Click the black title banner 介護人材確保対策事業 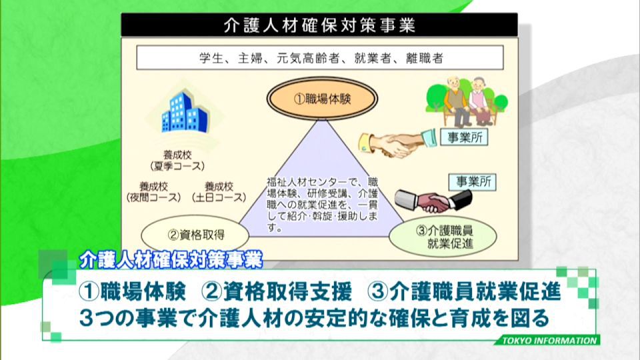click(319, 25)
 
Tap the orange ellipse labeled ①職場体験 click(322, 99)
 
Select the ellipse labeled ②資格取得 click(195, 235)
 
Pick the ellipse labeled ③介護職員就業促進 click(443, 237)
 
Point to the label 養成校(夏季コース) click(177, 161)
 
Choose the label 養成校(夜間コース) click(153, 192)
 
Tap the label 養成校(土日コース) click(219, 192)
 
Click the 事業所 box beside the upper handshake click(464, 137)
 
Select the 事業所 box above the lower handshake click(472, 181)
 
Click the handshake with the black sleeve click(433, 201)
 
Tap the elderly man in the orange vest click(456, 101)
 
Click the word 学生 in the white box click(211, 58)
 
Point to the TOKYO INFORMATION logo click(549, 341)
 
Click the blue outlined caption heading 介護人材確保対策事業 click(171, 259)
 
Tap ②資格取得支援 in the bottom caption click(277, 291)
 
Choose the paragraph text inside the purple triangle click(323, 205)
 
